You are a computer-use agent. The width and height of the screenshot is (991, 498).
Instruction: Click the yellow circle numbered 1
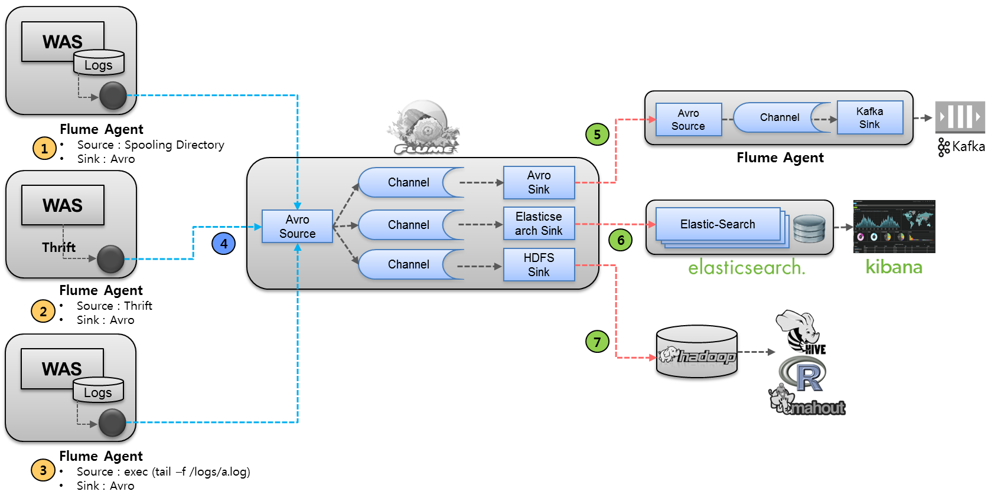pos(44,148)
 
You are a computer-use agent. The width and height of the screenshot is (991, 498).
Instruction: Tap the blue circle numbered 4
pos(224,243)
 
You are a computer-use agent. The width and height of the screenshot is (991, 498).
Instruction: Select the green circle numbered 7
pos(597,341)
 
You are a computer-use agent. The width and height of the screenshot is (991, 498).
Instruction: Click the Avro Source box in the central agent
pos(297,227)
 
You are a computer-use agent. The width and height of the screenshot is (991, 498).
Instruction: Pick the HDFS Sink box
pos(539,265)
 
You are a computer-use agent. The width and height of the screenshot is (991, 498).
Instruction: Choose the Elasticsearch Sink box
pos(539,224)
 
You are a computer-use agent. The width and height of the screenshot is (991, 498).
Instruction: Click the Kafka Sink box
pos(869,118)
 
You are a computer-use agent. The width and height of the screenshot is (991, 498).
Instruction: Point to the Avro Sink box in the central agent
pos(539,182)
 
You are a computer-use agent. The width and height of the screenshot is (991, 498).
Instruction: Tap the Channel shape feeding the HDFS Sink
pos(409,264)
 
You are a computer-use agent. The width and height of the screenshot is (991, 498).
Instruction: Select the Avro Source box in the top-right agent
pos(688,120)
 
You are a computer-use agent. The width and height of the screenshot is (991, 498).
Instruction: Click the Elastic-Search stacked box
pos(718,225)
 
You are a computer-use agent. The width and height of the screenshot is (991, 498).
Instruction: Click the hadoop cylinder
pos(697,352)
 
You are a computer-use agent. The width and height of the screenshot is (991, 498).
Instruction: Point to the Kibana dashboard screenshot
pos(894,227)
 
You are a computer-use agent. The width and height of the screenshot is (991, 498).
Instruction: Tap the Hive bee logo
pos(800,332)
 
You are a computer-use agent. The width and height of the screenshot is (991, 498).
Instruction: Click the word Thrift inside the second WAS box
pos(58,247)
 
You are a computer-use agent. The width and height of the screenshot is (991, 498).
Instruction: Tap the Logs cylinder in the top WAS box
pos(99,63)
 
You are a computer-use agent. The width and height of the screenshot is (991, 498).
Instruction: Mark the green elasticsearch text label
pos(746,268)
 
